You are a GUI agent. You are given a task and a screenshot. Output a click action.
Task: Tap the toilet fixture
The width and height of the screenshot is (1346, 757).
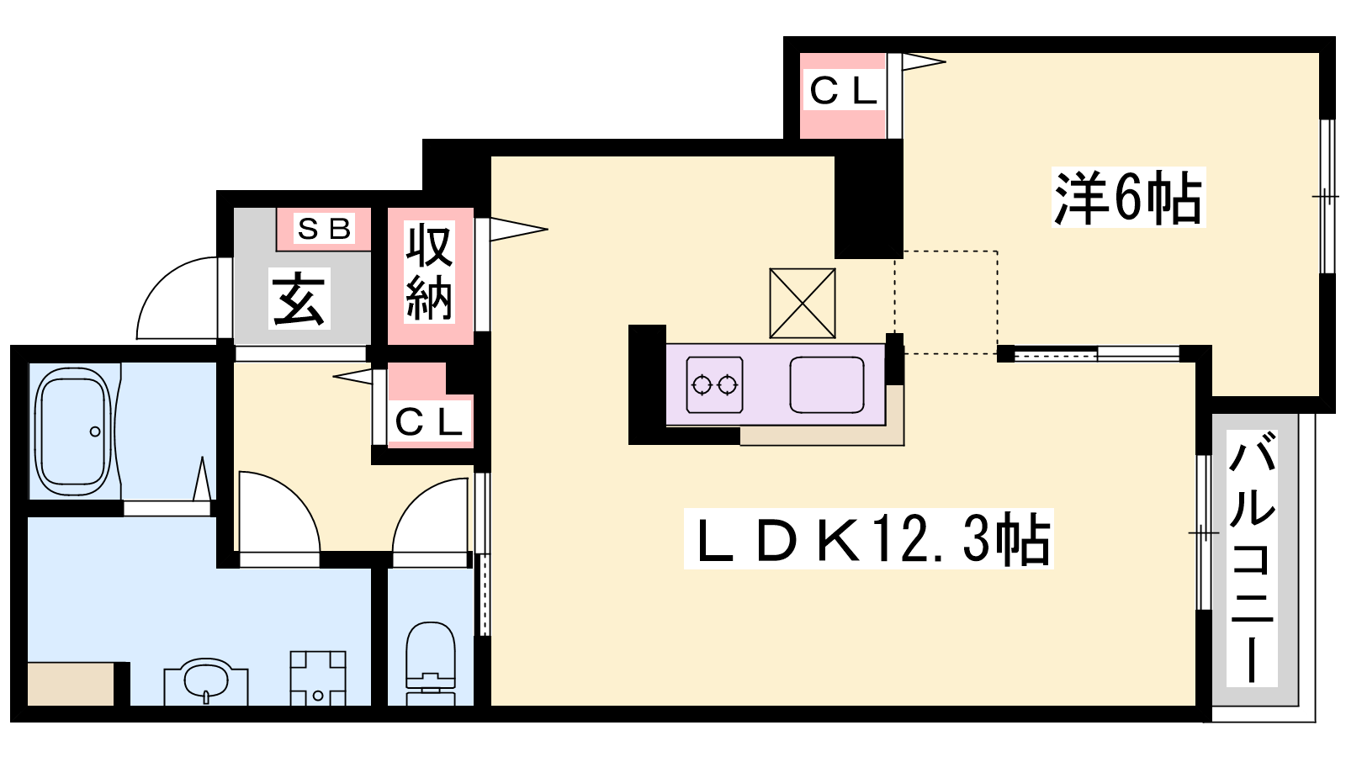point(430,660)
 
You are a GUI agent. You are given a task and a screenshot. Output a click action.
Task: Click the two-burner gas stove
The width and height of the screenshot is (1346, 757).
point(714,385)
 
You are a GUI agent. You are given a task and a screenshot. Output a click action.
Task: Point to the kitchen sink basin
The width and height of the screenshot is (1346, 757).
point(827,385)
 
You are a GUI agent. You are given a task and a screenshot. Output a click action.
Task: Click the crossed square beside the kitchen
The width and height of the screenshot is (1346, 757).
point(803,303)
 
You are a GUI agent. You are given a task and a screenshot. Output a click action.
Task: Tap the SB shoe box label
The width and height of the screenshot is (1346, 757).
point(324,228)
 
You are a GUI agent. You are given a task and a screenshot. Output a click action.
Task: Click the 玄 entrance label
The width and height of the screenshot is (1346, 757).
point(299,299)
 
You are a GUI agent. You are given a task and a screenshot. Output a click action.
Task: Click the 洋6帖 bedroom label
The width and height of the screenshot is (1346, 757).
point(1128,198)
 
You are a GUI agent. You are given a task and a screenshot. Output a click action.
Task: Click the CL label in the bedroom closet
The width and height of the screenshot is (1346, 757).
point(843,91)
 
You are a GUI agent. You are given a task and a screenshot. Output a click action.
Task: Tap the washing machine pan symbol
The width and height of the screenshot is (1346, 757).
point(318,678)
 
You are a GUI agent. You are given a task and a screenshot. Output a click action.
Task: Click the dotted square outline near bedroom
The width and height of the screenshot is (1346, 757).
point(946,302)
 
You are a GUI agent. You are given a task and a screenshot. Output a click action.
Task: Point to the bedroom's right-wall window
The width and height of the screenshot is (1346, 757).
point(1327,197)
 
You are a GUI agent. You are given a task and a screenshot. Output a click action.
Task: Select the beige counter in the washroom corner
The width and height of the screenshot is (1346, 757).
point(71,684)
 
